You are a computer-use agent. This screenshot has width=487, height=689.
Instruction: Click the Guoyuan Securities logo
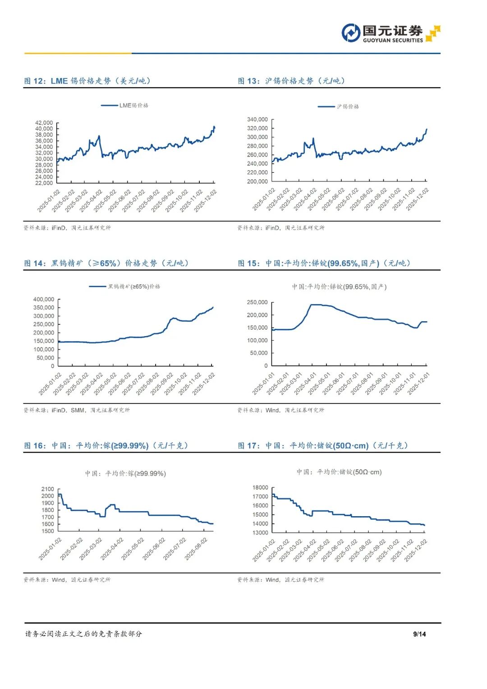coord(391,33)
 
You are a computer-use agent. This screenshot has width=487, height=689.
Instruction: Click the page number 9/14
coord(419,634)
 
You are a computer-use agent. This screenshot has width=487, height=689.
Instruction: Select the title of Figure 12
coord(87,81)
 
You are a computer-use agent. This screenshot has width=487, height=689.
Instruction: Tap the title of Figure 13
coord(292,81)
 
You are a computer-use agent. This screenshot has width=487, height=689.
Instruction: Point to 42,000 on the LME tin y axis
coord(44,123)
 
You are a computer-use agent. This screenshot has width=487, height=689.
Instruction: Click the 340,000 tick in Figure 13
coord(257,120)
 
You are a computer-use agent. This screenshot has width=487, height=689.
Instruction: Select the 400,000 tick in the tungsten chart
coord(44,299)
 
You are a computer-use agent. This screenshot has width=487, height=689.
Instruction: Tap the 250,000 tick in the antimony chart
coord(257,302)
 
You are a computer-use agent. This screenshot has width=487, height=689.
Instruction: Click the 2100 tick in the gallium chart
coord(47,489)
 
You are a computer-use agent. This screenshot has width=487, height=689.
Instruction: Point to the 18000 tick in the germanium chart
coord(260,487)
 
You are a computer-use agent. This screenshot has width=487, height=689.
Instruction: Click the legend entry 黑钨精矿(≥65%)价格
coord(125,287)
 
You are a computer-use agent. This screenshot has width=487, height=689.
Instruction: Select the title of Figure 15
coord(324,264)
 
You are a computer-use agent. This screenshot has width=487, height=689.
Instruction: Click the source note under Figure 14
coord(77,410)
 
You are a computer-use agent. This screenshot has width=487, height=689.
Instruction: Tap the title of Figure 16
coord(106,446)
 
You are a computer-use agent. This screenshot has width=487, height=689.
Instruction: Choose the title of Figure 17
coord(323,446)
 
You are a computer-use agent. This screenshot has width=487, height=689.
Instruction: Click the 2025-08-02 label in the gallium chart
coord(197,549)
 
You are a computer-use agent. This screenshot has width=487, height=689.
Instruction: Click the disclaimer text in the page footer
coord(83,634)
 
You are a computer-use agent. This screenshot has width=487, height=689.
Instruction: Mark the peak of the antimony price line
coord(316,305)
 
